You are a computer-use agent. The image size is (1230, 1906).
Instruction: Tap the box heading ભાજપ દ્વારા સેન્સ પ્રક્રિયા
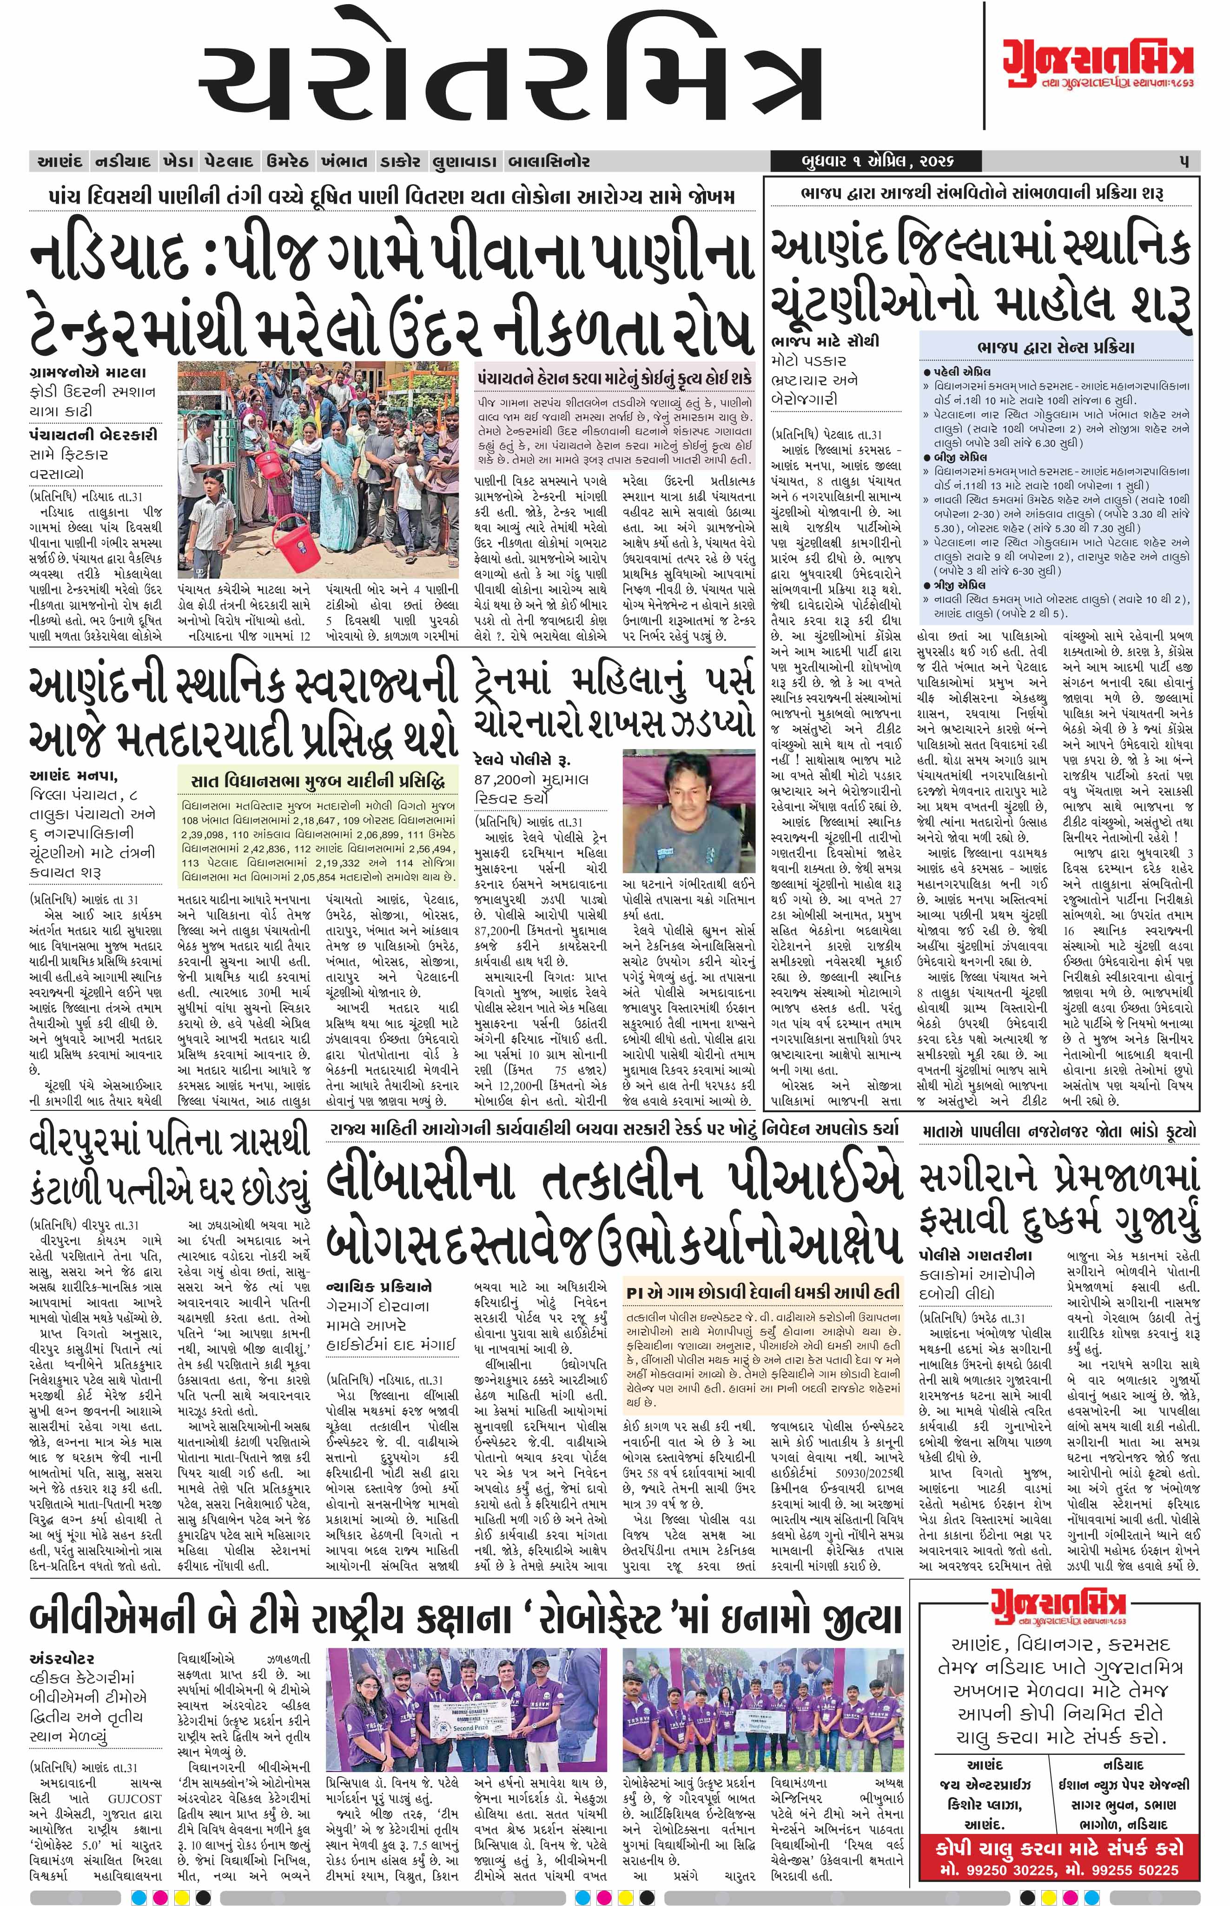click(1055, 347)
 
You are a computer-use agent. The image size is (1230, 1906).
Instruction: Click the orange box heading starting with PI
click(763, 1293)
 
